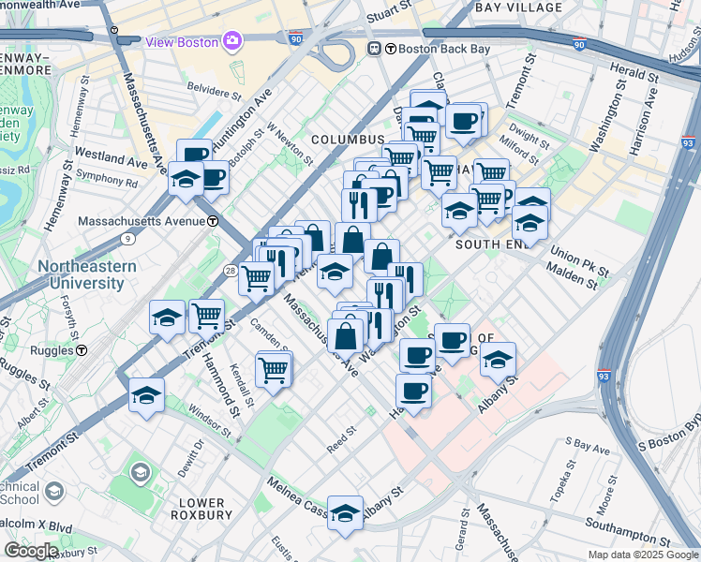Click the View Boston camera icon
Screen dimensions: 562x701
[231, 41]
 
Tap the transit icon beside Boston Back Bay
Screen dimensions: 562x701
[374, 49]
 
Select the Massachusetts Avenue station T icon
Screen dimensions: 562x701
[214, 221]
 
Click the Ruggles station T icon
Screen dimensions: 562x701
[82, 351]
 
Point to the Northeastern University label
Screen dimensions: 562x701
[86, 274]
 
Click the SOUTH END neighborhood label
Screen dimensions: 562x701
[487, 244]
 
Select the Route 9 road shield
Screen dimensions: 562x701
[127, 239]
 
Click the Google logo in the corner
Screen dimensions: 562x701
[31, 550]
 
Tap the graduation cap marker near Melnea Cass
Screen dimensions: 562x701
[345, 512]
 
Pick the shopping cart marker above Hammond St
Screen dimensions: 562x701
[206, 316]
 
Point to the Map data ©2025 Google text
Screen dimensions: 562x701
[643, 555]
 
